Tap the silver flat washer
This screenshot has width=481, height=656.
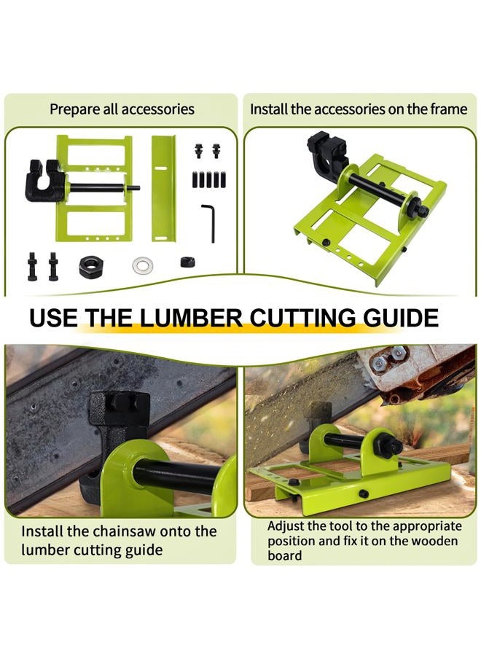coord(142,265)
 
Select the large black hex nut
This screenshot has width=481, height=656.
coord(92,266)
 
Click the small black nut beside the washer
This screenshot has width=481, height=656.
coord(189,262)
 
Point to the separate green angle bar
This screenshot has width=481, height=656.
coord(163,188)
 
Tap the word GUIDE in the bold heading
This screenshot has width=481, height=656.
coord(401,318)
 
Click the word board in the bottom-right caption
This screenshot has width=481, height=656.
coord(284,555)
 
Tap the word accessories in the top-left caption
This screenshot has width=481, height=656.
coord(158,109)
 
